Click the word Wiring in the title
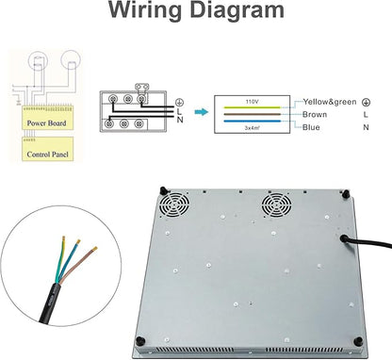[145, 10]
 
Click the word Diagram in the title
[237, 9]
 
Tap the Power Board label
[46, 123]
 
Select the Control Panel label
[47, 155]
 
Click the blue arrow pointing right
[202, 112]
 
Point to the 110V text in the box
[252, 102]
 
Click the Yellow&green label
[330, 102]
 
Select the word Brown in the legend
[315, 114]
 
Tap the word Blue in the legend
[311, 127]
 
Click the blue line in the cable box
[253, 121]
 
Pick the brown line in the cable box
[253, 114]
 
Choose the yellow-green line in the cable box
[253, 107]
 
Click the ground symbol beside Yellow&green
[366, 102]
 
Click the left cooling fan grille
[174, 205]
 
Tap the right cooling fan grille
[276, 205]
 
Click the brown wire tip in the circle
[95, 249]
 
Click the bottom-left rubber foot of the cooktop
[140, 340]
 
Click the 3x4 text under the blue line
[252, 128]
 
